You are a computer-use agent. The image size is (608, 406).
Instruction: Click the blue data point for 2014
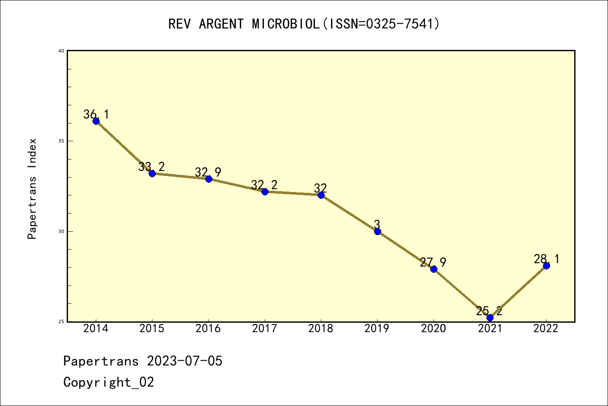96,121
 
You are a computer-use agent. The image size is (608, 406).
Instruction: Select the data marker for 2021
490,318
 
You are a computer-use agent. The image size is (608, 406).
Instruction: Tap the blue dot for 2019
377,231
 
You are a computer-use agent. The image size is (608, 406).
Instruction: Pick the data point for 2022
546,266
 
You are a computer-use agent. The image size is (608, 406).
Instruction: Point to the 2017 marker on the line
265,192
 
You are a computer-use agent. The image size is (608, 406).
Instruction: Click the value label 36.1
96,114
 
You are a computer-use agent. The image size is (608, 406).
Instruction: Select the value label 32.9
208,172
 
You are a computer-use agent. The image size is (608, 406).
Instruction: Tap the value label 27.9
433,262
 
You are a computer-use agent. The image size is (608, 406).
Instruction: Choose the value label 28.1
546,259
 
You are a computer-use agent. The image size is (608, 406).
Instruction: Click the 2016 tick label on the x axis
208,329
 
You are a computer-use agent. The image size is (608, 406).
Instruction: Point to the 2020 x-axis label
433,329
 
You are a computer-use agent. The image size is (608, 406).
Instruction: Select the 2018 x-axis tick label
321,329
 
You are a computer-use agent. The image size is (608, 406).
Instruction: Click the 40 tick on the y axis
61,51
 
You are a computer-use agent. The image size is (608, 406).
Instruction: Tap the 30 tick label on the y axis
61,231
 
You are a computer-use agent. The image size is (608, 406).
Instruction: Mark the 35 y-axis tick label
61,141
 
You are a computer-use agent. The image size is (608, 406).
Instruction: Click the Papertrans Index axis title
32,189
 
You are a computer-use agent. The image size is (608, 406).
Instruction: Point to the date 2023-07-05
185,361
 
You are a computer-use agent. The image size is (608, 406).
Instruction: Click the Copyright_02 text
109,382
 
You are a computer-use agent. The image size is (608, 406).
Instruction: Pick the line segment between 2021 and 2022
518,292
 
